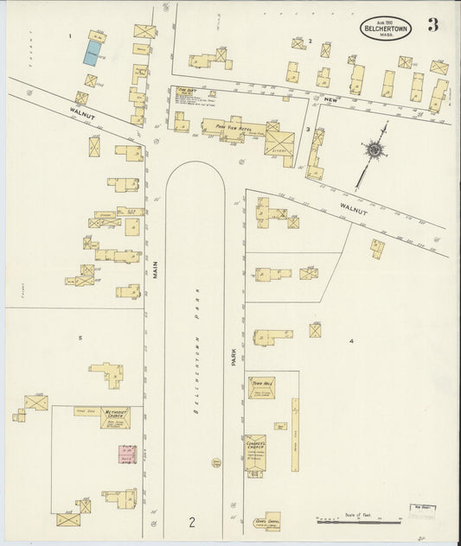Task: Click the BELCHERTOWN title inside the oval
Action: (386, 28)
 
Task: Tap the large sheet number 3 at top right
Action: (432, 25)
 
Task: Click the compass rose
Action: (374, 150)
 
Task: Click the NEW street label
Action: (329, 100)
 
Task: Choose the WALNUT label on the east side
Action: (353, 209)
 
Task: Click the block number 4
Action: (351, 341)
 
